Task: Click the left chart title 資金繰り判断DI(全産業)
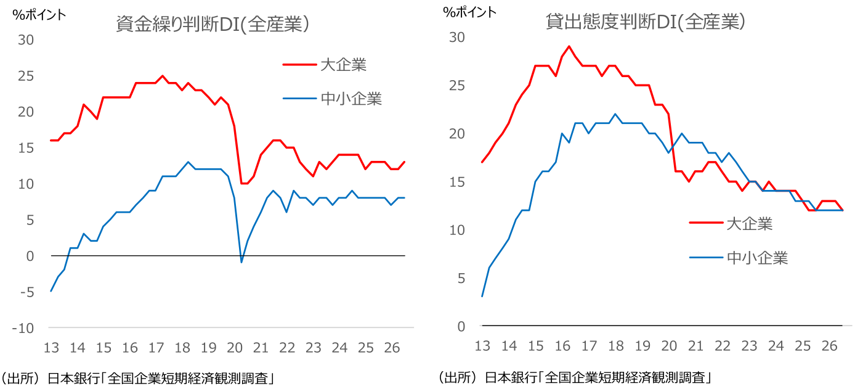click(213, 24)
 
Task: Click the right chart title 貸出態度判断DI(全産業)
click(645, 22)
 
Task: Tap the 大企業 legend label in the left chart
click(343, 65)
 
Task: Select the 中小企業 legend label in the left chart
click(351, 99)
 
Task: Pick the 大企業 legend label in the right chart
click(749, 224)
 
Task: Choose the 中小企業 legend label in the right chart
click(757, 258)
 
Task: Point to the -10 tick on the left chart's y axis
click(23, 328)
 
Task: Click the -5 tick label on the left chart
click(27, 292)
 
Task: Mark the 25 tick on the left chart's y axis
click(26, 76)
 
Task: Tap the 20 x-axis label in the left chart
click(235, 348)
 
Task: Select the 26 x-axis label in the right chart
click(829, 346)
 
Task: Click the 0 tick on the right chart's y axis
click(461, 326)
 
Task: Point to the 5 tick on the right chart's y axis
click(461, 278)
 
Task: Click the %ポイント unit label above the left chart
click(39, 15)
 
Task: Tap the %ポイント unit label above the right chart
click(469, 12)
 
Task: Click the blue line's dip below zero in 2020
click(241, 262)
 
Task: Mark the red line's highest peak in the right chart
click(569, 46)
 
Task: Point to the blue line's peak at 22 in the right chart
click(615, 114)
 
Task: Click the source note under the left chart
click(138, 379)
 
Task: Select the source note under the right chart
click(575, 377)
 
